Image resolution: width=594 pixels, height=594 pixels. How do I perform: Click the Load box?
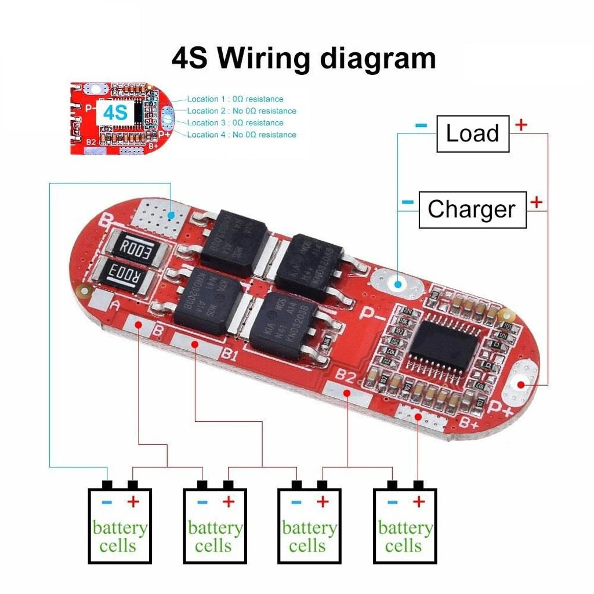[472, 134]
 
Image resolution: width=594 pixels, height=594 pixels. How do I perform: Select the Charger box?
[472, 209]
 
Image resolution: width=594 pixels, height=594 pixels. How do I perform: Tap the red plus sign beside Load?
[521, 124]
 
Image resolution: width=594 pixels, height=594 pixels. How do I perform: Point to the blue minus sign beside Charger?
[408, 202]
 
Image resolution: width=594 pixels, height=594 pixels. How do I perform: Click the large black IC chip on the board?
[444, 346]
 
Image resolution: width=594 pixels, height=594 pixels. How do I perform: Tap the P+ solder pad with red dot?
[521, 384]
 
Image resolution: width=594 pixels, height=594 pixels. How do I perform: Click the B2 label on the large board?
[345, 378]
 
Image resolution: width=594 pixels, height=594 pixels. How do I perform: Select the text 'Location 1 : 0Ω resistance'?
[235, 99]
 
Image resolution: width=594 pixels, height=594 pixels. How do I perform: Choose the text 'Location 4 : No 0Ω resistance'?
[241, 135]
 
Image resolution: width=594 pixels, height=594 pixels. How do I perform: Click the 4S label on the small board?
[115, 113]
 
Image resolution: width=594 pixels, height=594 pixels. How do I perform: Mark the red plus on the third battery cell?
[323, 502]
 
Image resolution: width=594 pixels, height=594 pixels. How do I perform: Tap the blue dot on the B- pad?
[172, 216]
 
